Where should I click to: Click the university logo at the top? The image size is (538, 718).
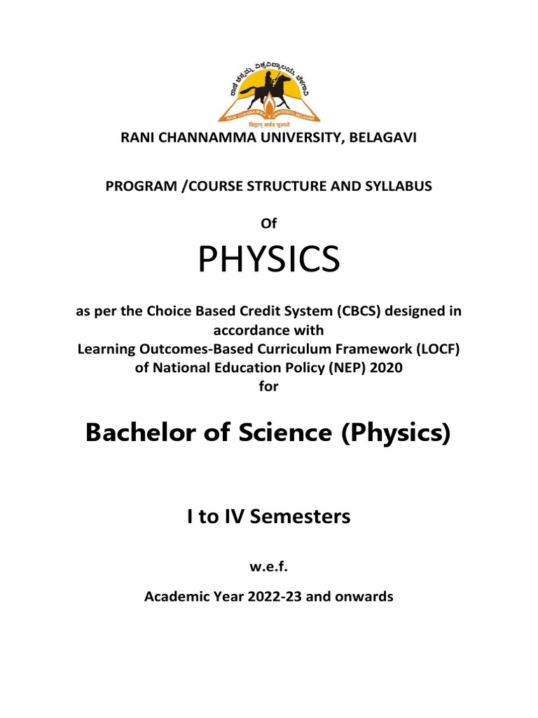(269, 90)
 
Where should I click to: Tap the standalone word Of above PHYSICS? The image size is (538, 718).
(269, 223)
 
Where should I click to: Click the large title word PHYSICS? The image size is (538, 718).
(269, 261)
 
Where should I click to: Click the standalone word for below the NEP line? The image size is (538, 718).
(269, 386)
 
